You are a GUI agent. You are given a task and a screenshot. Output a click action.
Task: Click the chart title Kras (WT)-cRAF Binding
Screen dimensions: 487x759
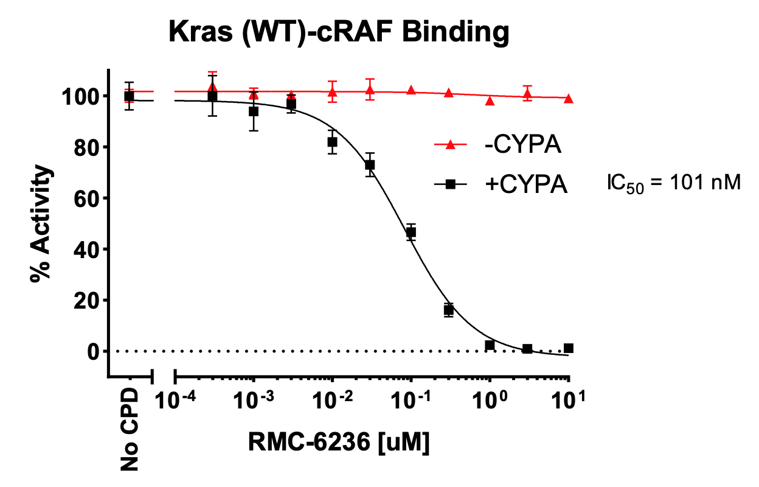[x=339, y=32]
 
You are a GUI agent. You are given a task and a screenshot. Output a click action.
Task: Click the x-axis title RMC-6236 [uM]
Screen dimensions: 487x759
[x=339, y=443]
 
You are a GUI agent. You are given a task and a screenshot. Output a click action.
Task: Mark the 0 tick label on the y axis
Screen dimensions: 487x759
[x=93, y=351]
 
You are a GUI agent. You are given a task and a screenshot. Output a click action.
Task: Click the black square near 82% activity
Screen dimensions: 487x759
[x=332, y=142]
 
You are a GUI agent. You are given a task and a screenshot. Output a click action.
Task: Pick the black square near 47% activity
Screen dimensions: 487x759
[x=411, y=232]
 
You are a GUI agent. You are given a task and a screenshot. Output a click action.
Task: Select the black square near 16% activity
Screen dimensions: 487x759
[x=449, y=310]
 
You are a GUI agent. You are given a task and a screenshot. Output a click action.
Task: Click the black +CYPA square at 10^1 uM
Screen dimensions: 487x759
[x=569, y=348]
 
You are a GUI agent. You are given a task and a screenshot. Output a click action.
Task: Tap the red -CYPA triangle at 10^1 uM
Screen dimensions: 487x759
[x=569, y=99]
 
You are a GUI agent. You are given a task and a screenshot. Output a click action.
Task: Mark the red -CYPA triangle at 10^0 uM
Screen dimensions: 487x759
[x=490, y=100]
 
